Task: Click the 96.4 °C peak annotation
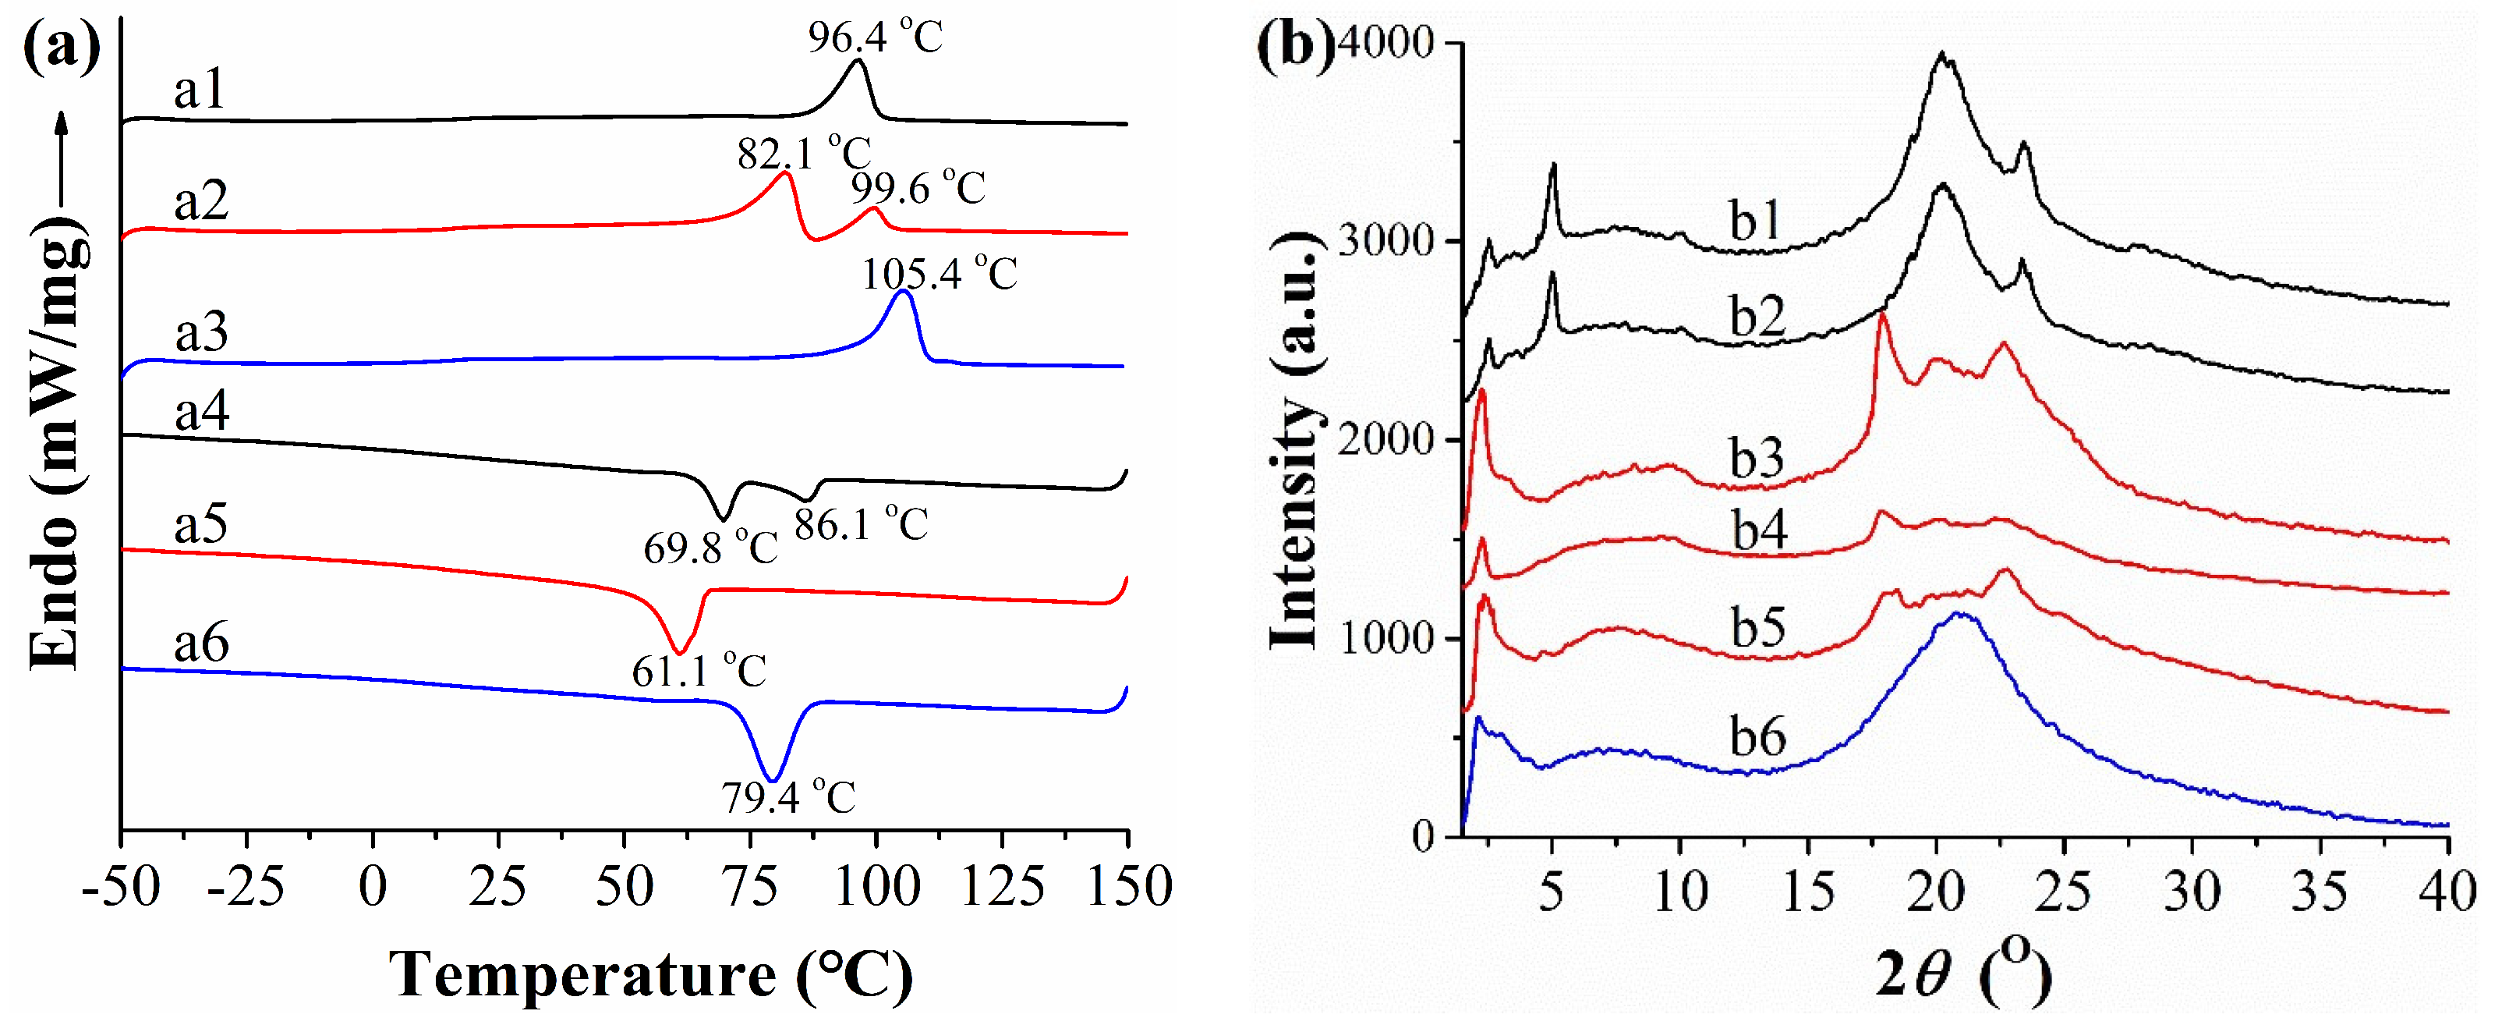tap(875, 37)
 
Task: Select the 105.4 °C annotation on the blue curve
tap(940, 274)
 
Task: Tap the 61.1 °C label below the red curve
tap(699, 670)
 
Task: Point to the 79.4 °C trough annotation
tap(787, 798)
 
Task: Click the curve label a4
tap(202, 411)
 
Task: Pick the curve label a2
tap(201, 201)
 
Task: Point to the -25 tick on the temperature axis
tap(246, 887)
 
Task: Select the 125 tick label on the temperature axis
tap(1003, 887)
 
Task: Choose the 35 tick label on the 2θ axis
tap(2320, 891)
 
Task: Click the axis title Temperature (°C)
tap(651, 974)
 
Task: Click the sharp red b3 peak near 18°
tap(1882, 317)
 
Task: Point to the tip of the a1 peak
tap(858, 61)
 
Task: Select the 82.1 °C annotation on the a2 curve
tap(803, 153)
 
